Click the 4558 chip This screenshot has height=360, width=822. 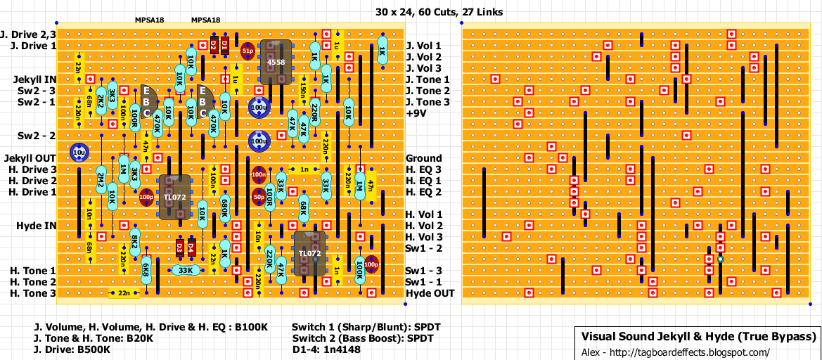click(276, 63)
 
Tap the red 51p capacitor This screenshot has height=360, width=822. click(248, 51)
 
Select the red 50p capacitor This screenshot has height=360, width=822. click(259, 198)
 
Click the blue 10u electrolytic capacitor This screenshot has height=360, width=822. click(79, 152)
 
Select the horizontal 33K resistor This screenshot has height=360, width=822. click(185, 270)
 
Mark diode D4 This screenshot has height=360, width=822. click(191, 247)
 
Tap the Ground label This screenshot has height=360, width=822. click(424, 158)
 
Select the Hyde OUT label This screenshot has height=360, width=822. click(430, 293)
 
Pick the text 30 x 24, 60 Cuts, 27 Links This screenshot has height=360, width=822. click(439, 12)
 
